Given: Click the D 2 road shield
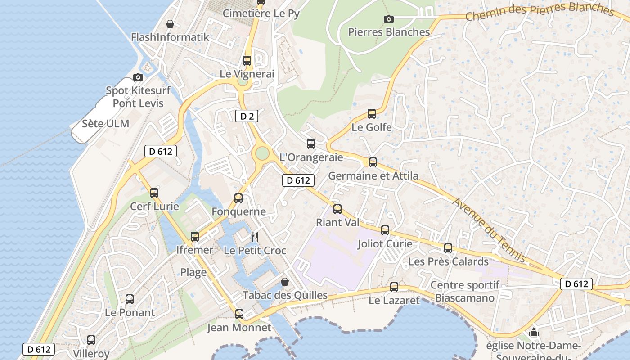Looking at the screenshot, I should (247, 116).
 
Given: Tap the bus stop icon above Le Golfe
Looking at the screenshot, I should (372, 114).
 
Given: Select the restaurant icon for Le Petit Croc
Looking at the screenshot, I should (255, 237).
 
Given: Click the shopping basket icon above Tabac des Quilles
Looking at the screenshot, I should (285, 282).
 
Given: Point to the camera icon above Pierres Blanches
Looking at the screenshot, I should (389, 19).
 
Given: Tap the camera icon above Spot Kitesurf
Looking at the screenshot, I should (138, 77).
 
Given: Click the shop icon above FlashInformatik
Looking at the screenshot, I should (170, 24).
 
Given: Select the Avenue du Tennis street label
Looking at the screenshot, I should (489, 229).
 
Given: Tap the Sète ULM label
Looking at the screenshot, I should (105, 123).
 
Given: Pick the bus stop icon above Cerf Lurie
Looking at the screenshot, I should (154, 193).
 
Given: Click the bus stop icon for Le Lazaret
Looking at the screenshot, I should (394, 287).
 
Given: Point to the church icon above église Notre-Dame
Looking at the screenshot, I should (534, 333).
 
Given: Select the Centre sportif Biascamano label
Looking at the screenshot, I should (465, 291).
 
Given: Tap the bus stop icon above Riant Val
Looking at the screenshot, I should (337, 209).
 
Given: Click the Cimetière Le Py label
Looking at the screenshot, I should (261, 13).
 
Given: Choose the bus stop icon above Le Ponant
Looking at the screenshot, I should (130, 299).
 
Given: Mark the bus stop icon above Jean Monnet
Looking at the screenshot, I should (239, 314).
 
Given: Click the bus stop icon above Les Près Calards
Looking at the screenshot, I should (448, 248).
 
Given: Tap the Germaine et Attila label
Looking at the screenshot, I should (373, 175).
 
